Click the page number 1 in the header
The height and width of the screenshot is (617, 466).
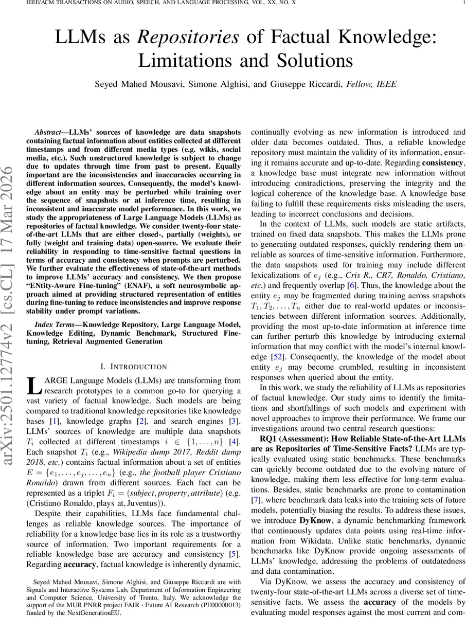pyautogui.click(x=463, y=3)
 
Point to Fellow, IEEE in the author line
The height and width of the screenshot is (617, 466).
pyautogui.click(x=371, y=84)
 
